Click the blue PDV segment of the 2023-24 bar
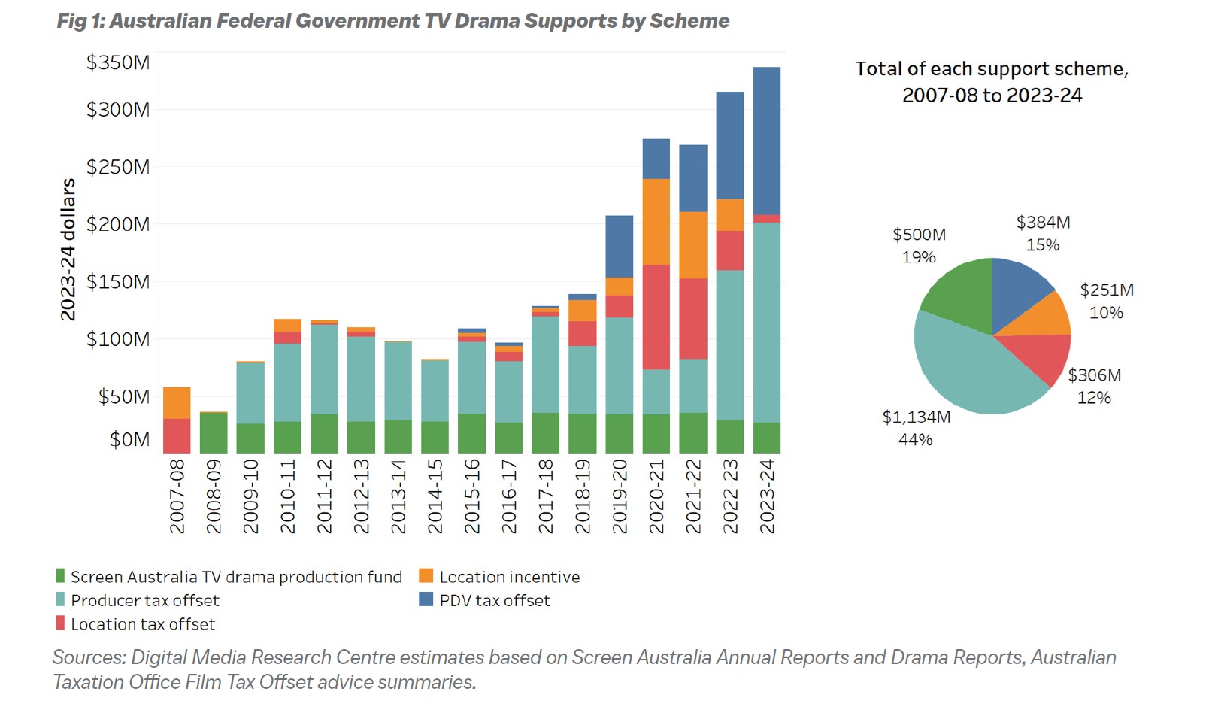(766, 141)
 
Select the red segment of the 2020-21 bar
(656, 317)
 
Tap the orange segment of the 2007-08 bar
(177, 402)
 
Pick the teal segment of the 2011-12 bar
(324, 369)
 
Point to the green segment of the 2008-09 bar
(214, 432)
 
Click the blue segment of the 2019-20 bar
(619, 246)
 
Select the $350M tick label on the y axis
(118, 62)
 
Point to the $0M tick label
(129, 439)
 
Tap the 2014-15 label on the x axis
(435, 496)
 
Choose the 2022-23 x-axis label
(729, 496)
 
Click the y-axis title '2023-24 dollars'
(68, 250)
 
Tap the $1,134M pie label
(916, 417)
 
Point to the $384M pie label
(1043, 223)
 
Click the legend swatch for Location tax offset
(61, 623)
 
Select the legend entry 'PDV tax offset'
(494, 600)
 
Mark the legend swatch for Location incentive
(426, 576)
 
